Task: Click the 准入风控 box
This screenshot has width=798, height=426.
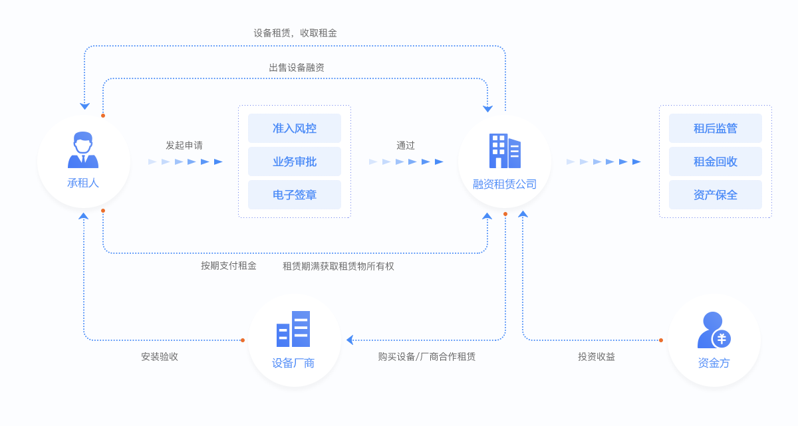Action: coord(294,128)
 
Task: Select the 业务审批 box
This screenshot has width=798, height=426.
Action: coord(294,161)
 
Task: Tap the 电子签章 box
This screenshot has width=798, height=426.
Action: coord(294,195)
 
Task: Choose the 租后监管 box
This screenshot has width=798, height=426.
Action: coord(715,128)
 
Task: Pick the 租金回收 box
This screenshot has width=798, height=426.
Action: coord(715,161)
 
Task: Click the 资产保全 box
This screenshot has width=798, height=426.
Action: coord(715,195)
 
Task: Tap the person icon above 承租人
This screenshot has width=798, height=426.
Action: coord(83,150)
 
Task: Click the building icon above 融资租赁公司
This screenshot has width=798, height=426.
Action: coord(505,151)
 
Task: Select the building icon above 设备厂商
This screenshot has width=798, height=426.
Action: coord(293,329)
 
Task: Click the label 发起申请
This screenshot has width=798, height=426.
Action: coord(184,145)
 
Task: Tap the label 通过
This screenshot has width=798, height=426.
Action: coord(406,145)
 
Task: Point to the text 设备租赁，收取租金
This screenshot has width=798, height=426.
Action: coord(295,33)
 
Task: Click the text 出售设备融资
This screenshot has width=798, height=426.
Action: coord(297,67)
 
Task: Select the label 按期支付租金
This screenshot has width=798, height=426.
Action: coord(229,266)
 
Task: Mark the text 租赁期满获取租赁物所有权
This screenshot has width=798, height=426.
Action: coord(338,266)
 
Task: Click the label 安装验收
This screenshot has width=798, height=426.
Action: coord(160,356)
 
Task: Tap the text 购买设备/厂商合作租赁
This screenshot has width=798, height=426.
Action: coord(427,356)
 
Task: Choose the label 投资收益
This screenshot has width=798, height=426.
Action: coord(597,356)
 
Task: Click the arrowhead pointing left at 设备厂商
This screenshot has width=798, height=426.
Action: coord(350,340)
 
